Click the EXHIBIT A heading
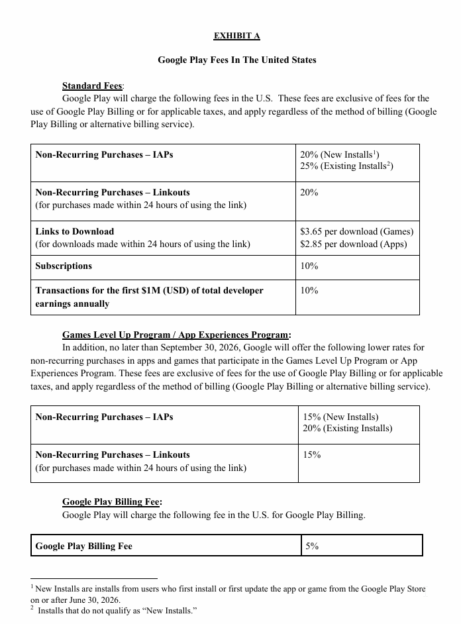click(x=236, y=35)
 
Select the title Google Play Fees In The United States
click(x=236, y=60)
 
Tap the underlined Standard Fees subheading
click(x=92, y=85)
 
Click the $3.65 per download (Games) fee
click(x=356, y=231)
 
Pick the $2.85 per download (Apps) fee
click(x=353, y=244)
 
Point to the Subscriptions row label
click(x=64, y=266)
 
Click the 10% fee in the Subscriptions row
click(x=309, y=266)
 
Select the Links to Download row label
click(x=75, y=231)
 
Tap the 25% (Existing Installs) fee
click(x=346, y=166)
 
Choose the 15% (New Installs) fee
click(x=340, y=417)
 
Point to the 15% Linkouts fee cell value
click(x=311, y=454)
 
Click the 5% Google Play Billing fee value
click(x=312, y=546)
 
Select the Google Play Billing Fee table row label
click(x=84, y=546)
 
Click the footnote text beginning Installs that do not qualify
click(x=117, y=610)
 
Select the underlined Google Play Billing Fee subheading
click(x=111, y=501)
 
